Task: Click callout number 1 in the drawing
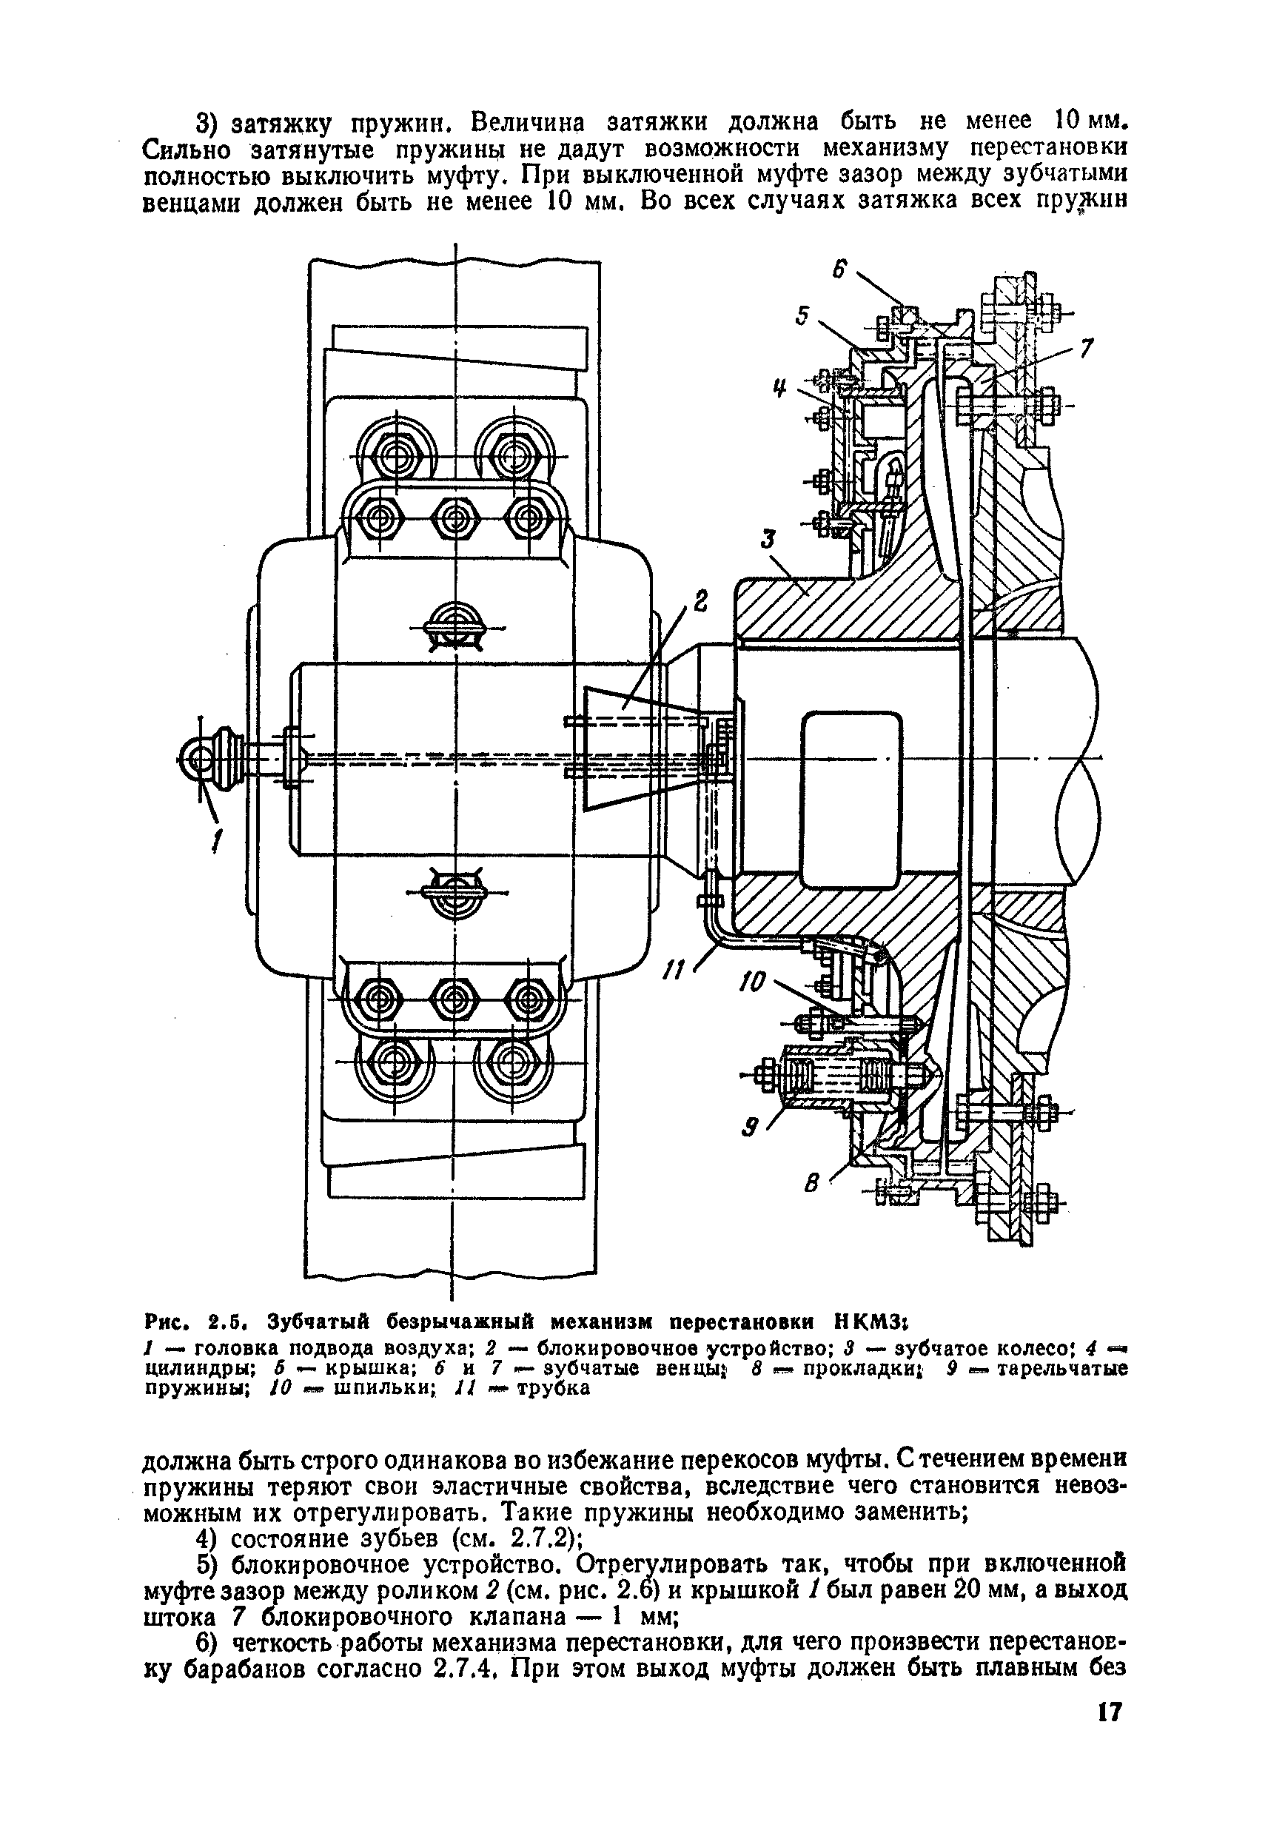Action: point(216,840)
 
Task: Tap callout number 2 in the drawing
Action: point(700,601)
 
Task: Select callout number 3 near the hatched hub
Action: point(767,540)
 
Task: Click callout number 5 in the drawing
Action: point(802,315)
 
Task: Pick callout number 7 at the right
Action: point(1087,348)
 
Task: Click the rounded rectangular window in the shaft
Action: point(852,800)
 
